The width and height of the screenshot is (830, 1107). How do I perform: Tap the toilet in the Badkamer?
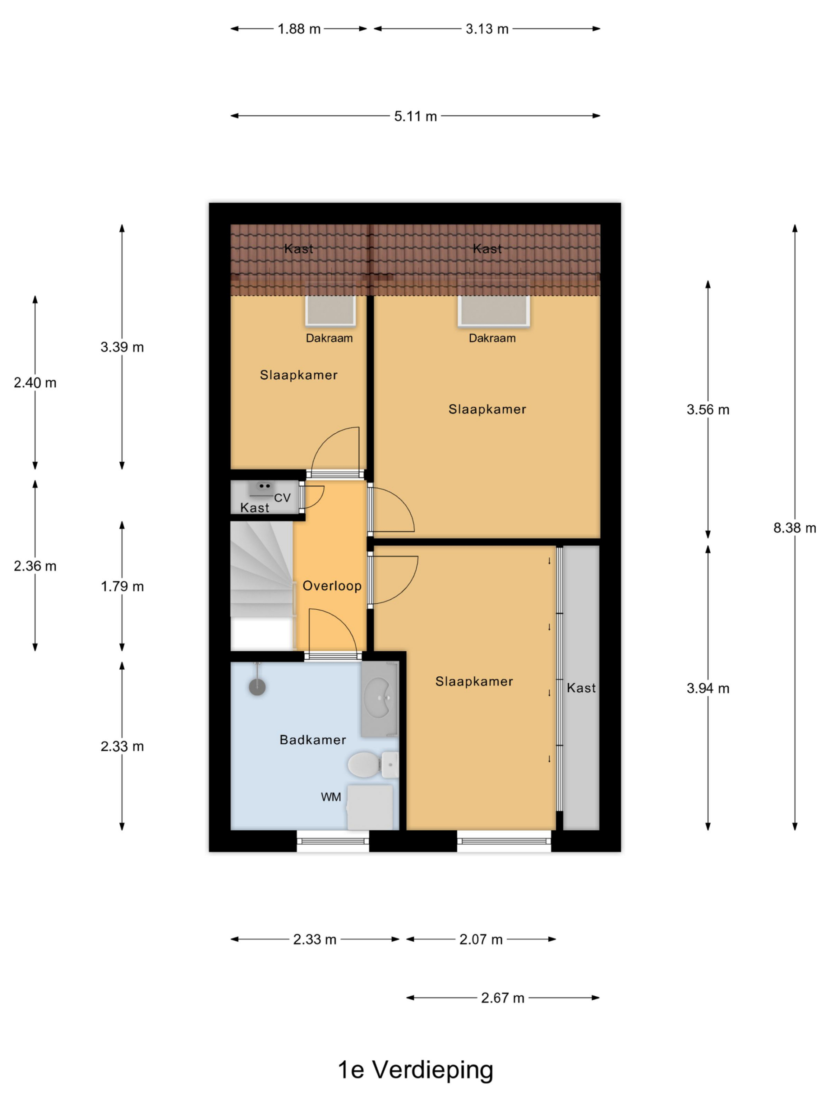[373, 765]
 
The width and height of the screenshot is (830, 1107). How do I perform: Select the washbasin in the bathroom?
[380, 699]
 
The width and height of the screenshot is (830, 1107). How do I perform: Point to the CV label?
[282, 498]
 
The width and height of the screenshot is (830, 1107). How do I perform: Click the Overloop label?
[332, 585]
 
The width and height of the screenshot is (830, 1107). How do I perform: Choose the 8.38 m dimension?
[795, 528]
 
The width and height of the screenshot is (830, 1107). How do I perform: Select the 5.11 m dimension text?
[415, 116]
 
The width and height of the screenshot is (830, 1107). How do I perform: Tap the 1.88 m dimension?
[299, 29]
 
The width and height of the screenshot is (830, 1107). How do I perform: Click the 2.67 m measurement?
[502, 998]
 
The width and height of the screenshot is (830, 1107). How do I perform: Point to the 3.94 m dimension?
[707, 688]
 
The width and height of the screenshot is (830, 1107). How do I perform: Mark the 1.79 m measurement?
[122, 586]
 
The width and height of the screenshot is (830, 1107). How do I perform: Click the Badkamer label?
[313, 740]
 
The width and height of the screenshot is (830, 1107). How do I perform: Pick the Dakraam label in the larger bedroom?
[492, 338]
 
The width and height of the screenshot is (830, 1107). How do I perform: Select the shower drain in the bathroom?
[257, 687]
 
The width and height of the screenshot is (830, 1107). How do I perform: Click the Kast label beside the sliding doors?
[581, 688]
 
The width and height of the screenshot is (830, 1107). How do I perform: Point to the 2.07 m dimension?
[481, 939]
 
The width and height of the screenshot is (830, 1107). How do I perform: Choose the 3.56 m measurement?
[707, 410]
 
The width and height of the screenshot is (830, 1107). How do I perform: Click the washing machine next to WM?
[370, 807]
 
